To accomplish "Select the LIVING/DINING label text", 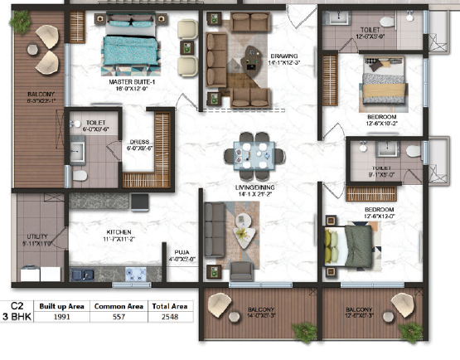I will (254, 189).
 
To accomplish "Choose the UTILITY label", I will (38, 236).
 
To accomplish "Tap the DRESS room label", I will (138, 142).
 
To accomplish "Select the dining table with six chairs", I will (253, 153).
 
